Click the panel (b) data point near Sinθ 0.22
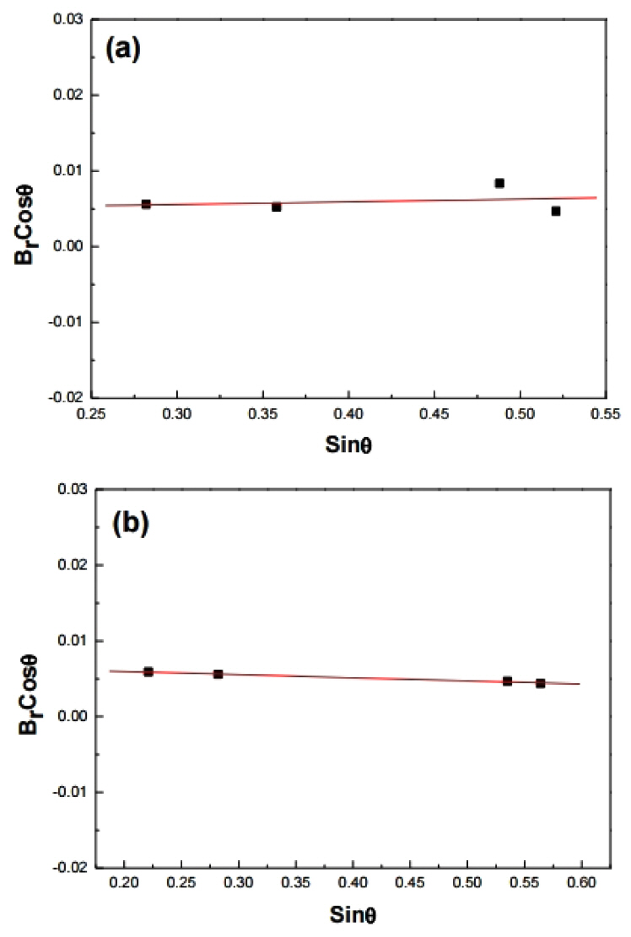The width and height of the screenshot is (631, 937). pyautogui.click(x=148, y=671)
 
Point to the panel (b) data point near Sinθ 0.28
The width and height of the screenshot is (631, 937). pyautogui.click(x=218, y=674)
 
